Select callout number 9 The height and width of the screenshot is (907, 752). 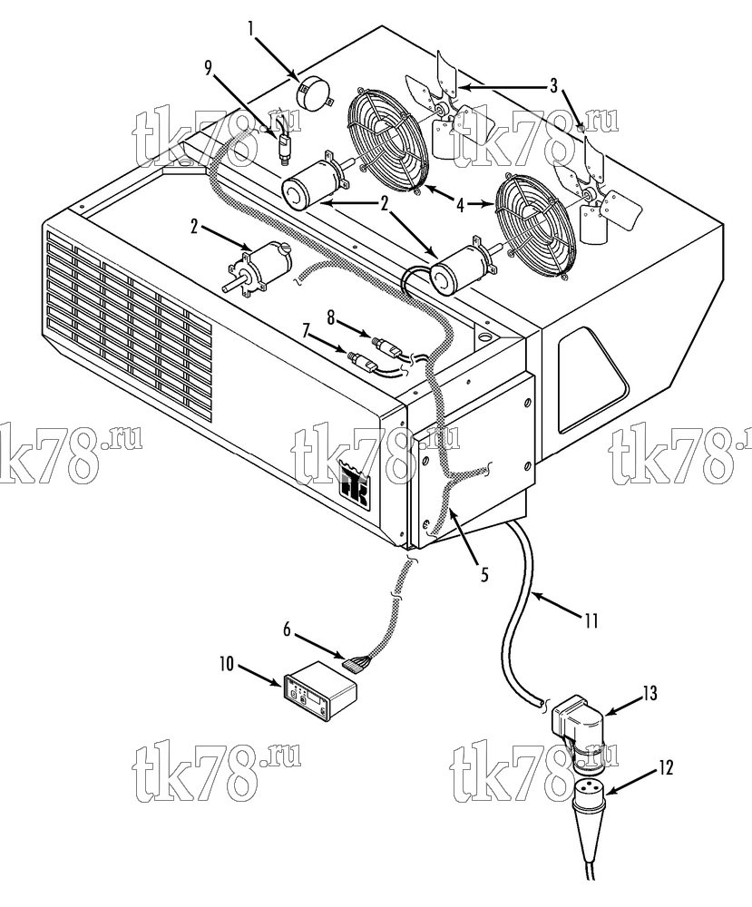coord(209,68)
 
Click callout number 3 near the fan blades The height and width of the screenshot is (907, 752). coord(553,87)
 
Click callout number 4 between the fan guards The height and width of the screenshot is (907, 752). coord(461,205)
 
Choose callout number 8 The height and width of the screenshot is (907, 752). coord(330,317)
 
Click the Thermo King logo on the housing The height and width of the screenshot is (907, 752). coord(356,488)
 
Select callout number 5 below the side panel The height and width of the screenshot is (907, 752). coord(483,573)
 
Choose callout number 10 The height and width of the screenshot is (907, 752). coord(227,664)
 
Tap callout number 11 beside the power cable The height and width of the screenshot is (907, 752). coord(589,620)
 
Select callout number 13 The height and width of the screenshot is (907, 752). coord(649,692)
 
